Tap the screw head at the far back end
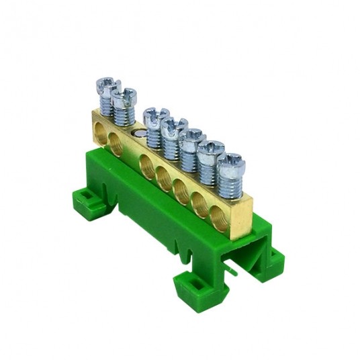pyautogui.click(x=107, y=85)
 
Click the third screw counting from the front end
pyautogui.click(x=193, y=136)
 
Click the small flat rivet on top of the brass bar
pyautogui.click(x=138, y=134)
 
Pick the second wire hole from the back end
pyautogui.click(x=116, y=144)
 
